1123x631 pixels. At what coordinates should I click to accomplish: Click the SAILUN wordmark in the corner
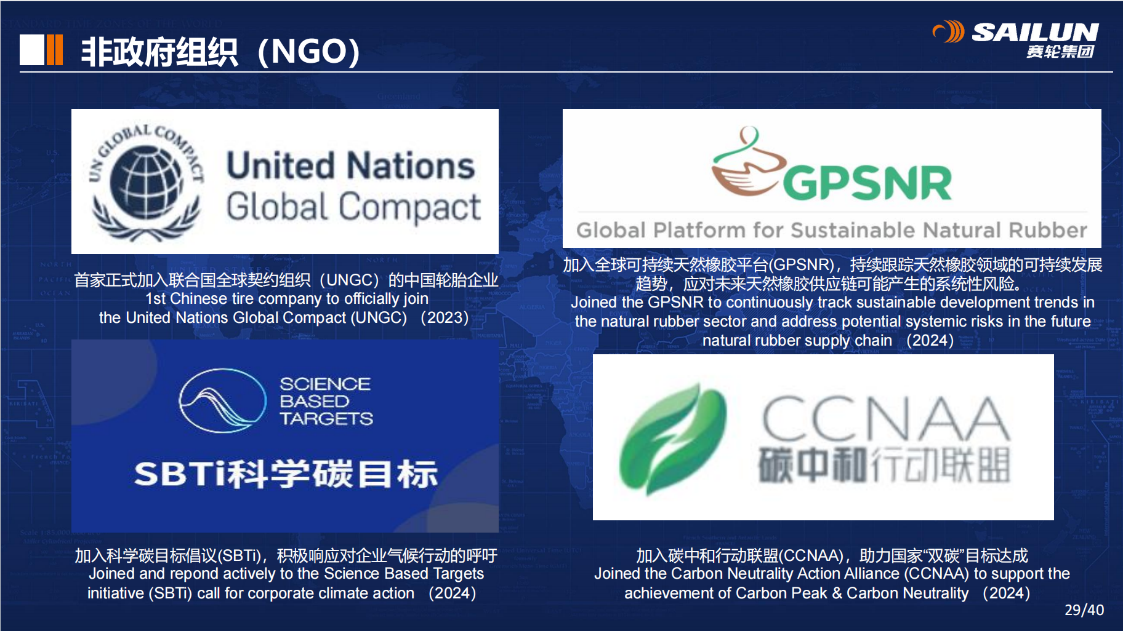[1035, 32]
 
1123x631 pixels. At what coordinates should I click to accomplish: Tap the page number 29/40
[1084, 609]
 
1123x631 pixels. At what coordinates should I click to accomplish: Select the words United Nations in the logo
[351, 165]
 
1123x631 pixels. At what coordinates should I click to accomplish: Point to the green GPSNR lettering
[867, 183]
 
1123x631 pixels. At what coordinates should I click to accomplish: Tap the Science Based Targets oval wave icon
[222, 400]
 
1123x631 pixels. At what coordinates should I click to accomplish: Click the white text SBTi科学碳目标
[286, 474]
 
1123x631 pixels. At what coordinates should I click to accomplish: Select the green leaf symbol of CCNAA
[672, 439]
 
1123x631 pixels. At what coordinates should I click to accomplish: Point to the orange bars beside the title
[54, 50]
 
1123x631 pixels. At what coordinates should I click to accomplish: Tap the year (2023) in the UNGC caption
[445, 318]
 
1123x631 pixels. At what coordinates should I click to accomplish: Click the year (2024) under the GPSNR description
[930, 341]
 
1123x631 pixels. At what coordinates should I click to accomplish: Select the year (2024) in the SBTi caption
[453, 593]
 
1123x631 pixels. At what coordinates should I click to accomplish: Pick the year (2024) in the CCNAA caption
[1006, 593]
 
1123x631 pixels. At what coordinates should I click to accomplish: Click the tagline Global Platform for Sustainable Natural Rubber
[832, 230]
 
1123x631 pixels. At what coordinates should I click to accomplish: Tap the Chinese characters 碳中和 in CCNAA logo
[813, 464]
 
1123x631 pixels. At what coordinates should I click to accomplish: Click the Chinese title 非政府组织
[159, 52]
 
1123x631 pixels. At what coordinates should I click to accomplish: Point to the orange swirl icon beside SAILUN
[949, 31]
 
